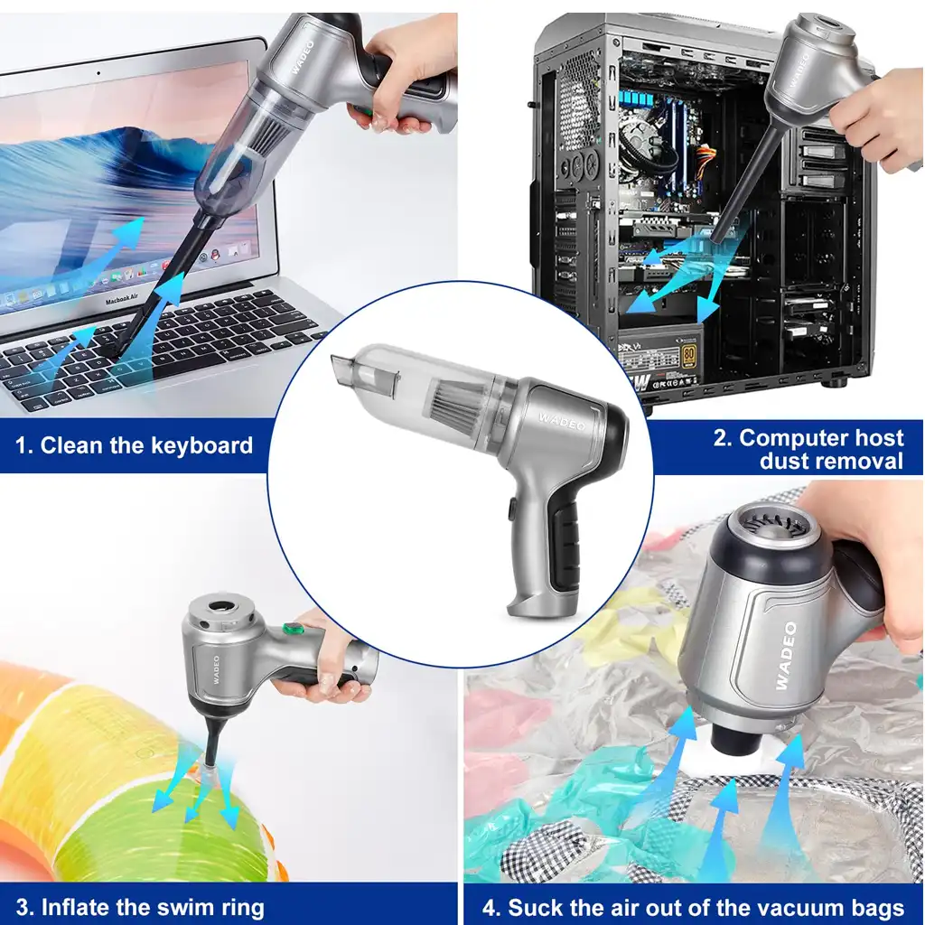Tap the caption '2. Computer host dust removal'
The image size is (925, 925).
coord(808,449)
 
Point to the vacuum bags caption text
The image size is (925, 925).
coord(693,907)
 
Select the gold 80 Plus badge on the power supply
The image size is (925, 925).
coord(690,350)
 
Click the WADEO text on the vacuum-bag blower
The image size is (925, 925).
coord(783,655)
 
